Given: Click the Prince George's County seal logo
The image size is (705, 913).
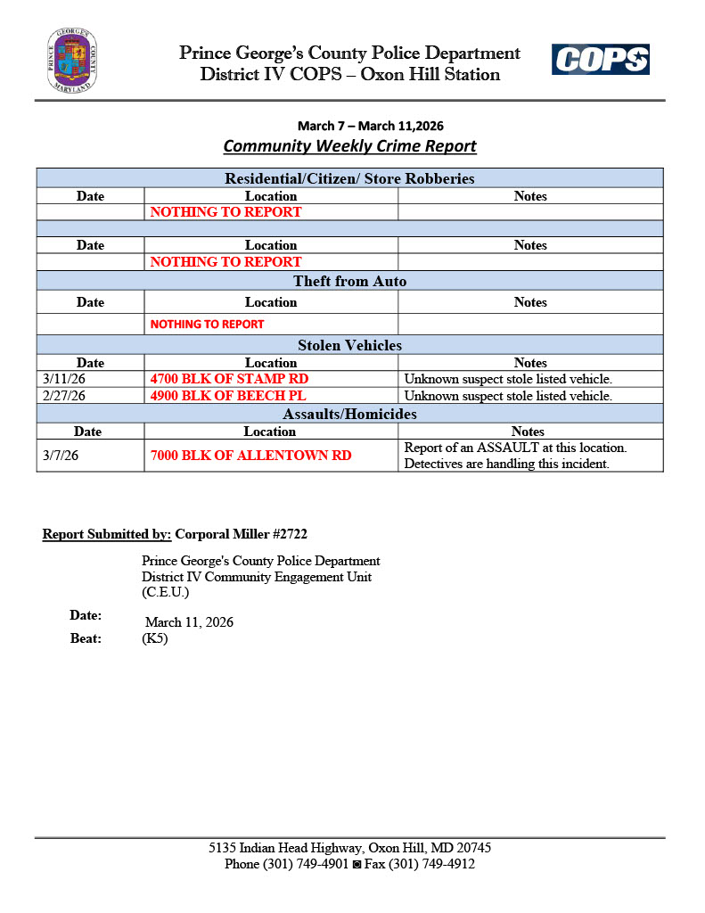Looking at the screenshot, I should [72, 61].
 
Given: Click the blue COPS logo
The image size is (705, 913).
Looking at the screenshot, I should [600, 61].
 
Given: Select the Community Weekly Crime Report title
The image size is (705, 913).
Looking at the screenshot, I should [349, 146].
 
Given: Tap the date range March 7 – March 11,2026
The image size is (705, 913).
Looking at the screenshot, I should [370, 126].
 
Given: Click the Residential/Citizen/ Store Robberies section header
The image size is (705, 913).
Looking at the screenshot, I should [349, 178].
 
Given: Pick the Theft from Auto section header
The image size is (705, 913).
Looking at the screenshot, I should [349, 282].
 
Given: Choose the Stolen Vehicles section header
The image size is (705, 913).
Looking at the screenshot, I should [349, 345].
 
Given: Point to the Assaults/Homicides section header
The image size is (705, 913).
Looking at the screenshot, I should [349, 414].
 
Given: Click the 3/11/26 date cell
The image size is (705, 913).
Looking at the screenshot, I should [64, 379].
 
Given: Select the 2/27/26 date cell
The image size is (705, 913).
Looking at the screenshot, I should [64, 396].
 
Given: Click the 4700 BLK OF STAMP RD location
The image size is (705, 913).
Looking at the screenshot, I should [229, 379].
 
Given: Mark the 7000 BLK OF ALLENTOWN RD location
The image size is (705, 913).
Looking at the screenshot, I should [250, 456].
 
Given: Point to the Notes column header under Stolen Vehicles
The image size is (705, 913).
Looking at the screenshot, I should [530, 363].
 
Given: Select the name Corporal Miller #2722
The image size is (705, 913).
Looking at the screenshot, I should [242, 534].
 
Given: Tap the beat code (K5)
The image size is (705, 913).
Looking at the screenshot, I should [155, 638].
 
